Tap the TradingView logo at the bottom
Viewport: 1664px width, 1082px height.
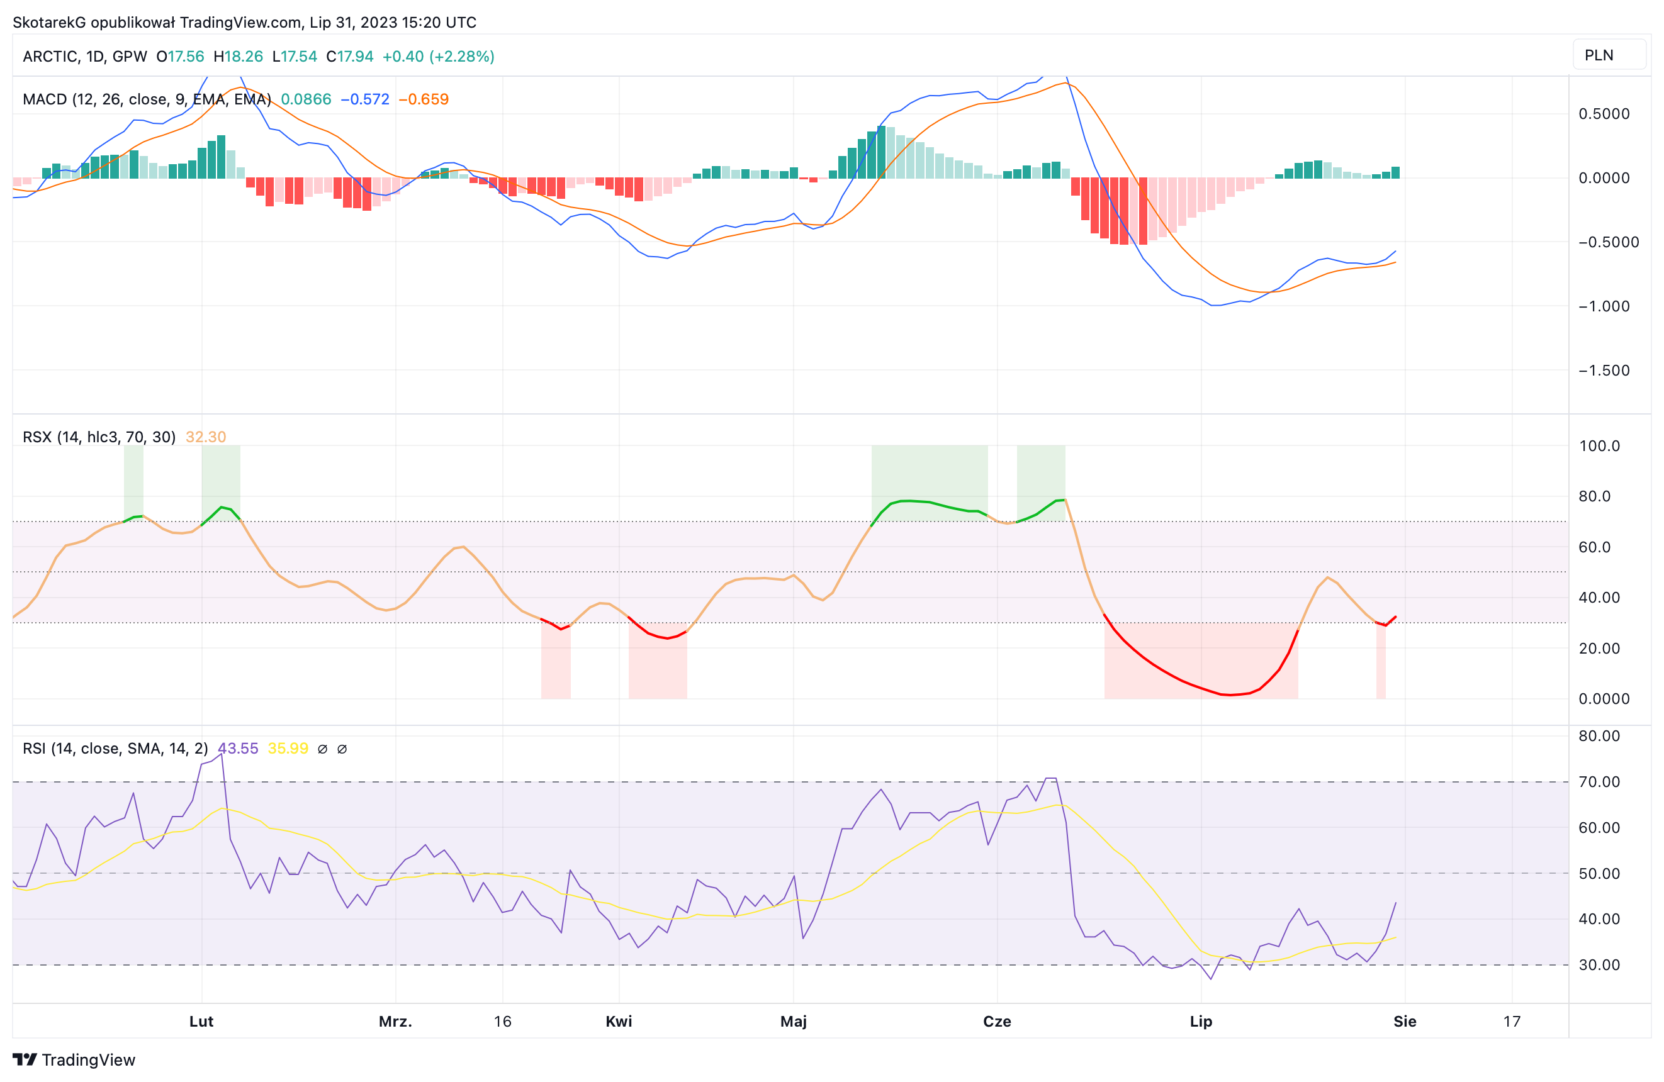[74, 1059]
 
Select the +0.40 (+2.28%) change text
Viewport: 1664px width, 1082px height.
[439, 57]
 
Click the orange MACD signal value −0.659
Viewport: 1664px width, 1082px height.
[424, 99]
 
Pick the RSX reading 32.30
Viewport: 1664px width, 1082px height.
[206, 437]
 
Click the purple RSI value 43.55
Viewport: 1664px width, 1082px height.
[238, 749]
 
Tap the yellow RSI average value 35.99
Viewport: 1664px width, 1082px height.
[288, 749]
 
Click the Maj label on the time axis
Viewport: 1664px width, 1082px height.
[794, 1021]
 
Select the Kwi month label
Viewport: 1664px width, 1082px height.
[619, 1021]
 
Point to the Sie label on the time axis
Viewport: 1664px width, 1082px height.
[1405, 1021]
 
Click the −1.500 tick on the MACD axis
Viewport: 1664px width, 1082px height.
[1604, 371]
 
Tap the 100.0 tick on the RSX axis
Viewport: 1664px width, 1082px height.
[1600, 446]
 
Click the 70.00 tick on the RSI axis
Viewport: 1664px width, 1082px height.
[1600, 781]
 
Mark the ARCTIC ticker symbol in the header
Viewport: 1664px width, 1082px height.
[50, 57]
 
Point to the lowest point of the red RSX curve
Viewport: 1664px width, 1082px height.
[1230, 694]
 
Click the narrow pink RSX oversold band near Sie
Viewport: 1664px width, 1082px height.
[1381, 661]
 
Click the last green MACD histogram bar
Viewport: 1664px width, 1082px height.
[1395, 172]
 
